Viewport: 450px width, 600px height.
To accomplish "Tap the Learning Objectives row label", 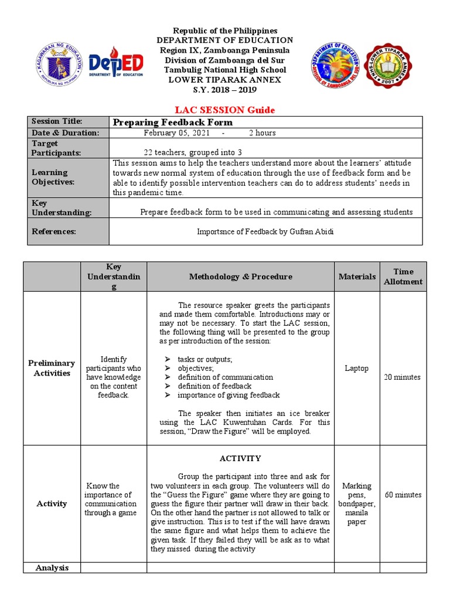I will (50, 177).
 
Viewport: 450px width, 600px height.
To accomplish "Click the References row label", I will (53, 231).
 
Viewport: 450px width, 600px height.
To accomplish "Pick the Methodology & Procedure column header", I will (240, 277).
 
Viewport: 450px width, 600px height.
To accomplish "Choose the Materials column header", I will (357, 277).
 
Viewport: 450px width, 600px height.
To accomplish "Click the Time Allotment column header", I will (403, 277).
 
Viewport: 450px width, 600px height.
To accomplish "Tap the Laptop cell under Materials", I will (357, 369).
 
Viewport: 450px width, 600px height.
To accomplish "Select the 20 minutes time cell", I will (402, 377).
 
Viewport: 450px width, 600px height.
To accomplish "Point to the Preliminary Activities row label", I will (52, 368).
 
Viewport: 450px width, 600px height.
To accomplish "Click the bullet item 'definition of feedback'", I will (214, 386).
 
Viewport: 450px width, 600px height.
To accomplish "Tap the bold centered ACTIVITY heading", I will (240, 458).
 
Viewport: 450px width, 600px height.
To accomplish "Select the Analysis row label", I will (52, 567).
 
